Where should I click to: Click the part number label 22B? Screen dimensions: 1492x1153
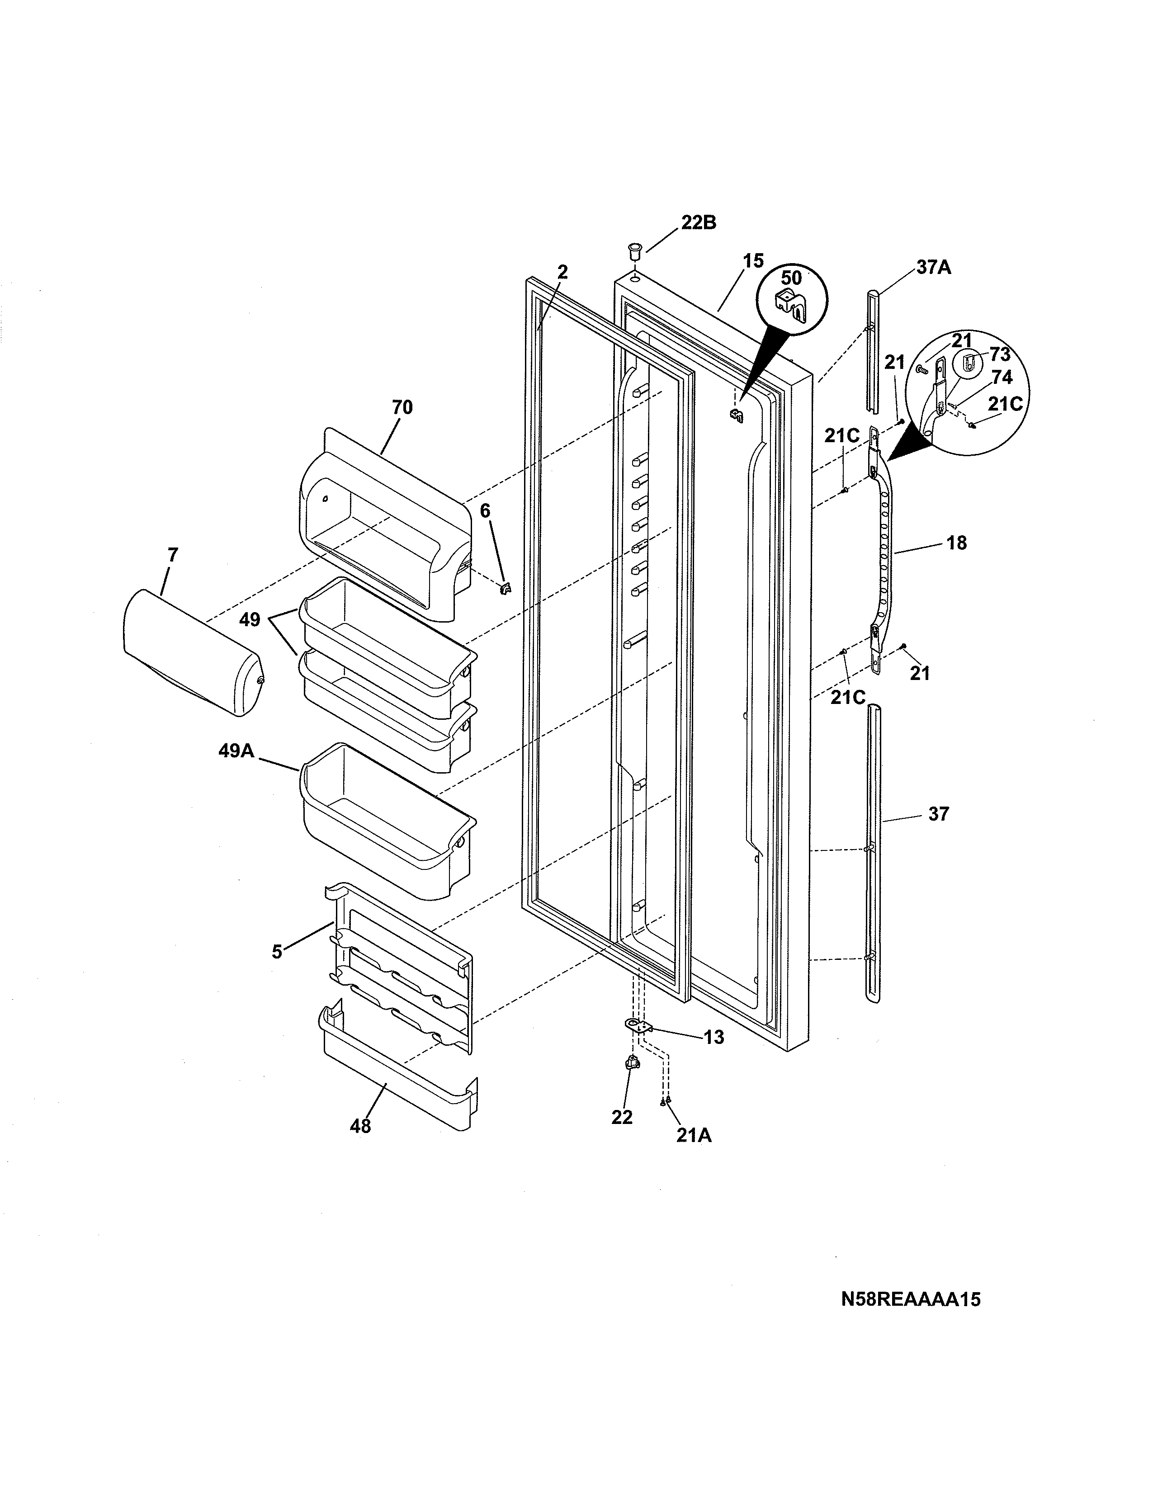[x=698, y=223]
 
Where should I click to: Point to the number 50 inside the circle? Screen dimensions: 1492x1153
[x=791, y=278]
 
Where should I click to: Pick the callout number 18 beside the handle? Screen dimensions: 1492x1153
[x=956, y=543]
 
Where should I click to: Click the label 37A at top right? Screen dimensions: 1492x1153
[x=933, y=267]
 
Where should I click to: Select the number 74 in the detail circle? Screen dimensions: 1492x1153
[x=1002, y=377]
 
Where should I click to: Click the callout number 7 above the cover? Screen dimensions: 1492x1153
[x=172, y=555]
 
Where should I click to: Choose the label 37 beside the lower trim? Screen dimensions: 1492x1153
[x=939, y=814]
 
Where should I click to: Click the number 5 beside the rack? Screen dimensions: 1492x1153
[x=277, y=952]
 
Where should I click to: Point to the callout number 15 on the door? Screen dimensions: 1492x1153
[x=753, y=261]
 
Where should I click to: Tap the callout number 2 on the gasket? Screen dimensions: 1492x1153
[x=562, y=272]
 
